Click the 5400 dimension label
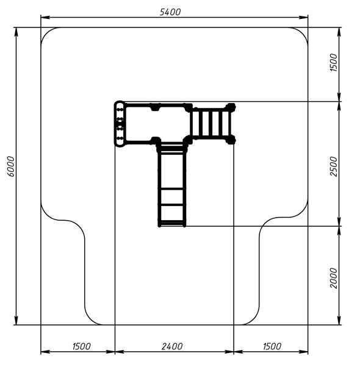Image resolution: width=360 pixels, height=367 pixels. pyautogui.click(x=170, y=12)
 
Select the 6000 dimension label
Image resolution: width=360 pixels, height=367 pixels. pyautogui.click(x=11, y=166)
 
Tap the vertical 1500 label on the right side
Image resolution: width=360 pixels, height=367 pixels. pyautogui.click(x=333, y=63)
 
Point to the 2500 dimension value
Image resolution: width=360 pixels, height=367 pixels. pyautogui.click(x=333, y=166)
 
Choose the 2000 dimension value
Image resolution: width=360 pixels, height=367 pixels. pyautogui.click(x=333, y=278)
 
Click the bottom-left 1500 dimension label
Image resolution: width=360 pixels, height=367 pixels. pyautogui.click(x=81, y=346)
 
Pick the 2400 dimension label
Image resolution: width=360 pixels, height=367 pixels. pyautogui.click(x=172, y=346)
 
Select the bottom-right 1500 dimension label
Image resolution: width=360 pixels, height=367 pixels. pyautogui.click(x=272, y=346)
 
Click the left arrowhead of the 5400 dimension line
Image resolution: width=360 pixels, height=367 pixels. pyautogui.click(x=45, y=17)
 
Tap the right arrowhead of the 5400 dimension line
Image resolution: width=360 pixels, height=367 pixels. pyautogui.click(x=303, y=17)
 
